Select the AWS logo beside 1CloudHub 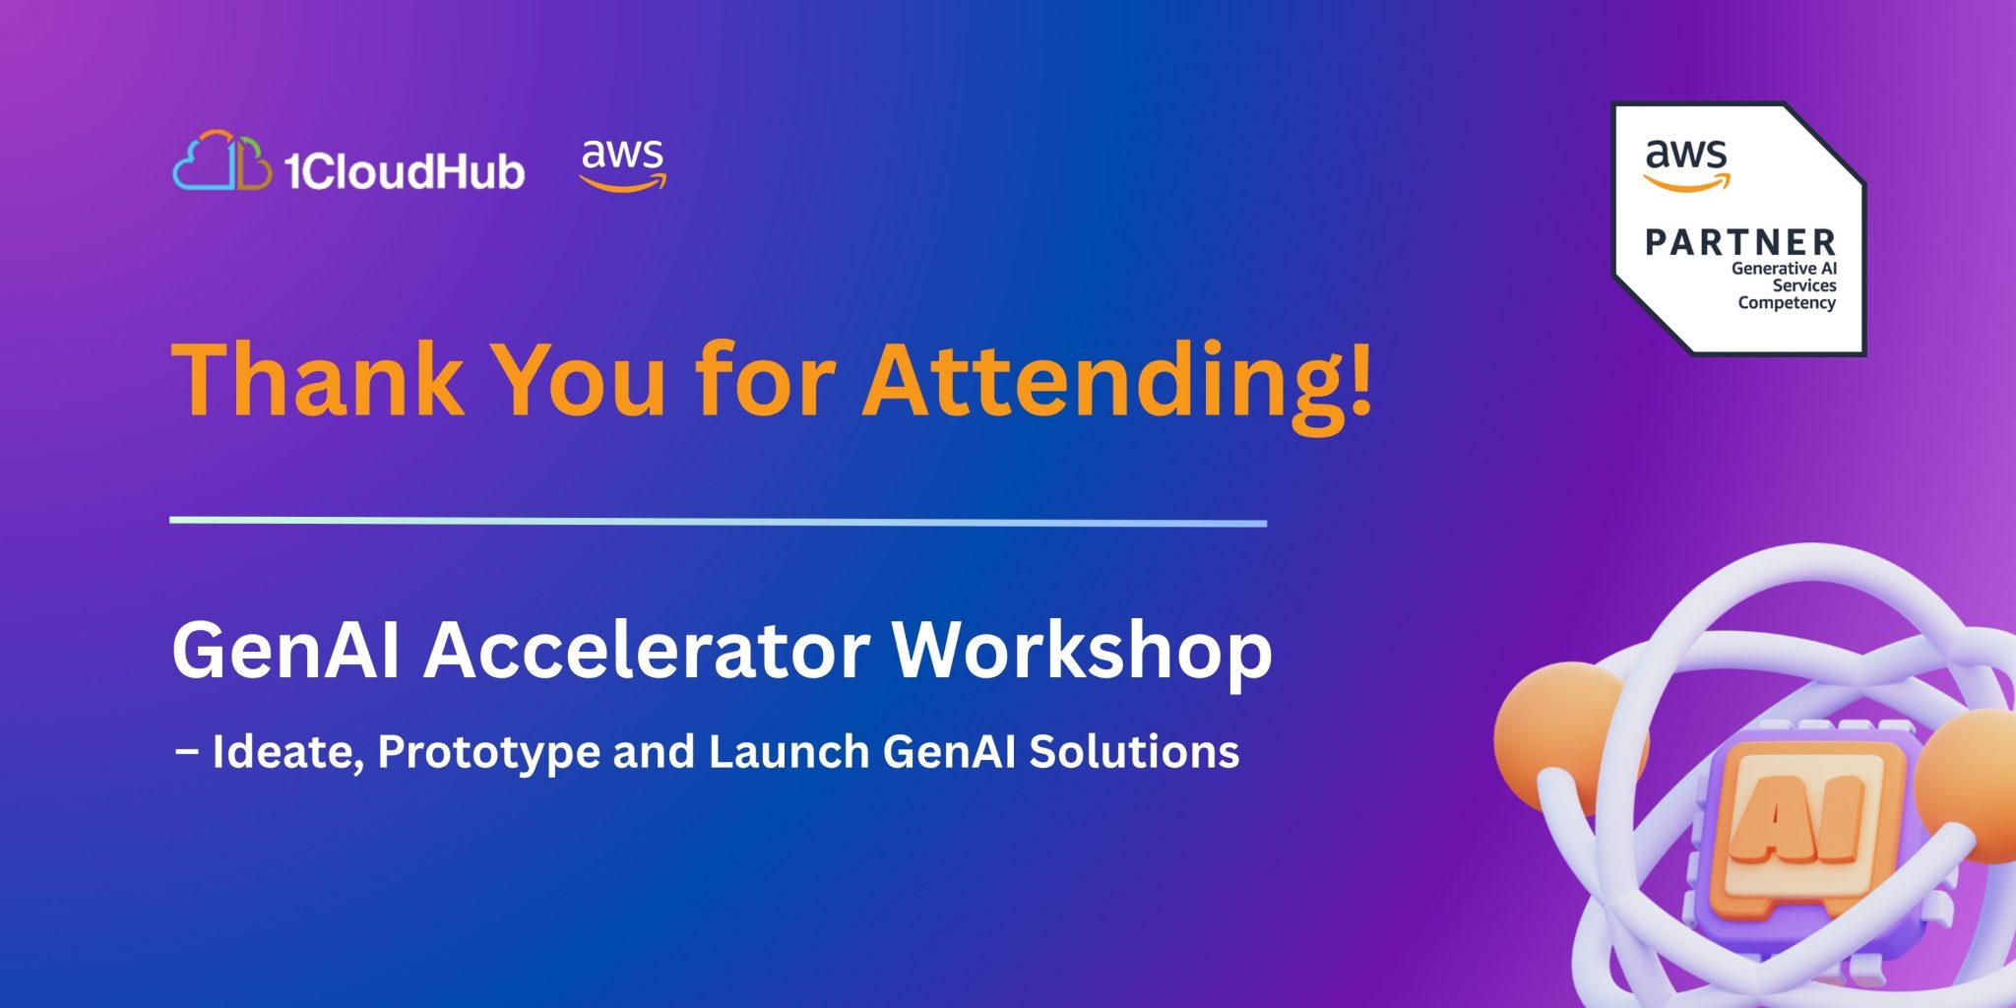pos(623,164)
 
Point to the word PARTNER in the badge pos(1740,242)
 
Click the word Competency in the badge pos(1787,303)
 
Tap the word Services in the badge pos(1804,285)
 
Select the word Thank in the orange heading pos(318,379)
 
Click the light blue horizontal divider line pos(718,521)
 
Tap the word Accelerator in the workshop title pos(647,650)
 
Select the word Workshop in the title pos(1082,654)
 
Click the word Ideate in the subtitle pos(288,752)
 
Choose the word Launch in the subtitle pos(788,751)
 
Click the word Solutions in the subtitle pos(1134,751)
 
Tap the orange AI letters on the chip pos(1797,818)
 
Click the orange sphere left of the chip pos(1564,738)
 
